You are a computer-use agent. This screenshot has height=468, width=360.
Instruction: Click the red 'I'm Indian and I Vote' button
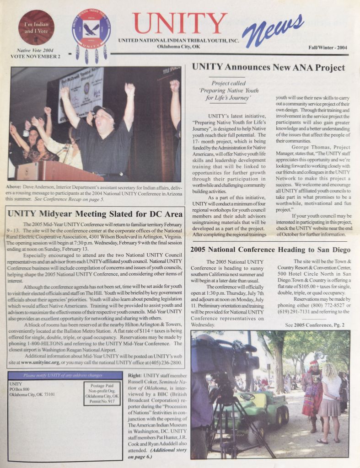point(36,27)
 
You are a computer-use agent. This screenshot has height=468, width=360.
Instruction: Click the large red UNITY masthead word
point(180,24)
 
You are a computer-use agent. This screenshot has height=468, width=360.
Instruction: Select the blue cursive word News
point(273,31)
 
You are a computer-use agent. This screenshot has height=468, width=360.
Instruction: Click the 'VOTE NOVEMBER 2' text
point(35,57)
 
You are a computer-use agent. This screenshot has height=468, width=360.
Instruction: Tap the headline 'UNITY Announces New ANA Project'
point(268,67)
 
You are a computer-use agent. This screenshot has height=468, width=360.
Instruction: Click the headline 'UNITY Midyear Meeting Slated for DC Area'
point(95,213)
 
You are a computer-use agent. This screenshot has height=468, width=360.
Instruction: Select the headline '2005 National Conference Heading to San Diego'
point(270,250)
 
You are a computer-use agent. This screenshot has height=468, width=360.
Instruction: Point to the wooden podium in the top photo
point(55,172)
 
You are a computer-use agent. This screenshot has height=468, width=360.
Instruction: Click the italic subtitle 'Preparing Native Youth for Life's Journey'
point(229,90)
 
